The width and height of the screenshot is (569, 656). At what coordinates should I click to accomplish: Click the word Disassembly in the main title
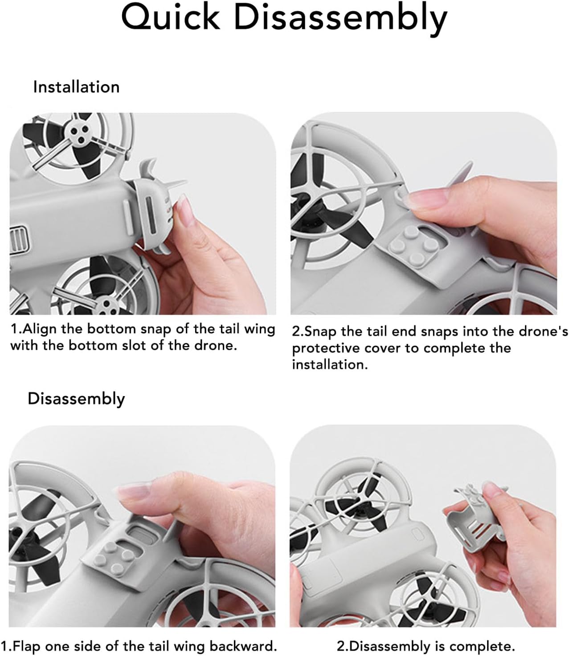point(340,20)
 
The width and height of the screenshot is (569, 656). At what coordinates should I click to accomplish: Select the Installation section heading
point(76,87)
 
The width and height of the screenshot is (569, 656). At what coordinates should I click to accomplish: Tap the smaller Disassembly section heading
point(76,399)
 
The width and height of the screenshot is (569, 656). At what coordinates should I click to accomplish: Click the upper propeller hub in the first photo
point(78,134)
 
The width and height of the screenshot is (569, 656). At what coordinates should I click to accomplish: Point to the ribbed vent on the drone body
point(20,240)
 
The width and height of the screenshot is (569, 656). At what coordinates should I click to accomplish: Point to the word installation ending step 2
point(330,365)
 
